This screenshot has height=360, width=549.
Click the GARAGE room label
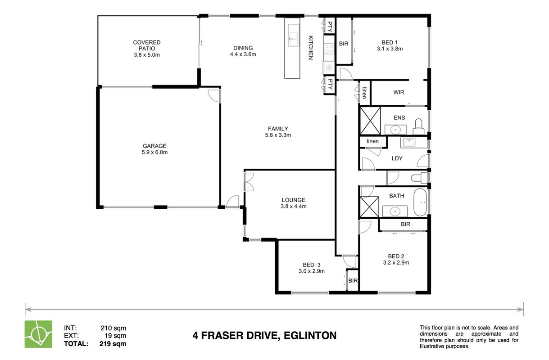[154, 146]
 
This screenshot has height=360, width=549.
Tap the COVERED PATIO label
[147, 45]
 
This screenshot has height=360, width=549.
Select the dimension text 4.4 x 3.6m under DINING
[243, 54]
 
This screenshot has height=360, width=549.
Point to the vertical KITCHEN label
[310, 48]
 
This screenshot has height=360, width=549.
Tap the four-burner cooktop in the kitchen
[329, 49]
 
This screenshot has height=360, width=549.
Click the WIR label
[399, 92]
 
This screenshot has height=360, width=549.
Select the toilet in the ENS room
[418, 126]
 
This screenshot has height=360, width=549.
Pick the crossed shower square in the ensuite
[370, 121]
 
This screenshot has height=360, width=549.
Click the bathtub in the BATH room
[420, 202]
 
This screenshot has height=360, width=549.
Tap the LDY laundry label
[397, 158]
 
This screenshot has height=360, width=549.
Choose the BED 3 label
[312, 265]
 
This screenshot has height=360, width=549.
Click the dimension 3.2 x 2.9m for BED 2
[396, 262]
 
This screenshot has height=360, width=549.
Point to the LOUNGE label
[293, 200]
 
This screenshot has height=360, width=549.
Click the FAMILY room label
[278, 129]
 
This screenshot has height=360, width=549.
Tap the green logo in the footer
[38, 334]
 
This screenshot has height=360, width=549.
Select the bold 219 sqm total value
[113, 344]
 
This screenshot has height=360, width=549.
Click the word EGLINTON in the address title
[310, 336]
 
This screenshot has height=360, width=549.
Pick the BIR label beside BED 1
[344, 44]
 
